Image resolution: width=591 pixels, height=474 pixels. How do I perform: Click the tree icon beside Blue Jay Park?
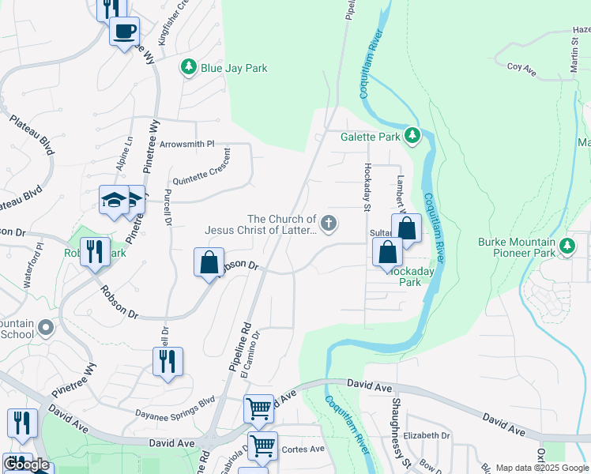189,69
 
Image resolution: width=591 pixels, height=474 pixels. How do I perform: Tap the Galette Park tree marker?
412,137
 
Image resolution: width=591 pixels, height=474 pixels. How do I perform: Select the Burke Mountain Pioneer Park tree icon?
567,247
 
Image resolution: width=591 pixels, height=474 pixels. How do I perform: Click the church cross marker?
328,225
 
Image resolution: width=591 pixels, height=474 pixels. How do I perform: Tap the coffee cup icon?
124,32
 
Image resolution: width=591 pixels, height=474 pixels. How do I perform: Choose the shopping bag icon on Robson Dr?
209,262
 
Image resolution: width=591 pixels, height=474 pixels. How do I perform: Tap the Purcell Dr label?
168,207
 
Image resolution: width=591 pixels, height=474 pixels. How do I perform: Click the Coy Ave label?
521,70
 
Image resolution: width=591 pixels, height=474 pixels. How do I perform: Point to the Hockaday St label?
367,187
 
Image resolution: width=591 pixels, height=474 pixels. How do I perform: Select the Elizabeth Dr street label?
426,435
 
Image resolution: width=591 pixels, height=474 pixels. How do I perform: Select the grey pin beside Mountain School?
45,326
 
